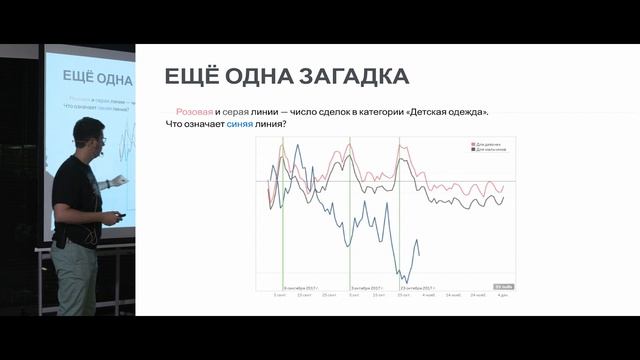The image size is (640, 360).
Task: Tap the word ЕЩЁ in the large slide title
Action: pos(192,76)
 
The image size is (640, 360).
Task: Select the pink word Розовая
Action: pos(194,112)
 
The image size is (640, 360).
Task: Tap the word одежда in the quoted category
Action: pos(476,112)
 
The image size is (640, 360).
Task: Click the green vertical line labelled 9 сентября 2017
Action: pos(283,220)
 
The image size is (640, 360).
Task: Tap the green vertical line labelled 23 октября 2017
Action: pos(400,220)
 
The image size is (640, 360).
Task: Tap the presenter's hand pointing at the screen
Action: pos(121,179)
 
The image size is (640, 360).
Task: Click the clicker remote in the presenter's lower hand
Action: pos(120,216)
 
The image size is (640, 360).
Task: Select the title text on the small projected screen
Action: pos(91,75)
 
